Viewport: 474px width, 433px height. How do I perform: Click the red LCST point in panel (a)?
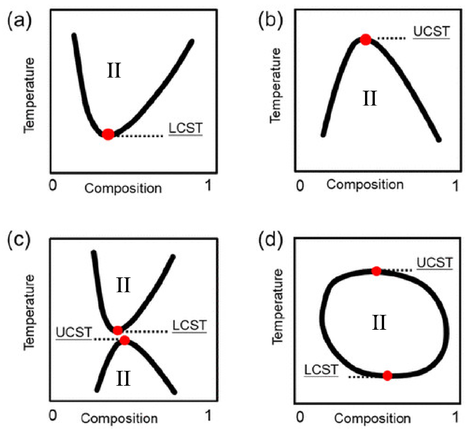108,134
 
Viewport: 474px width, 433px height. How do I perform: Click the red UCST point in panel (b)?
366,39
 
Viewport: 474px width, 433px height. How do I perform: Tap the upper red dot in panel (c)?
118,330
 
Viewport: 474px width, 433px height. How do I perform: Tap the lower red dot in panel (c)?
125,340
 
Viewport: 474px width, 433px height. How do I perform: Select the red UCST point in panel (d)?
376,271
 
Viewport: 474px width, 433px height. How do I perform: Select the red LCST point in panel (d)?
387,376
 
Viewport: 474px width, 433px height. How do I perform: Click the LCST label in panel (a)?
185,128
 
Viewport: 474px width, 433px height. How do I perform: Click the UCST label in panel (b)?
431,31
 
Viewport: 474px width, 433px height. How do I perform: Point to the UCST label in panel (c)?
74,332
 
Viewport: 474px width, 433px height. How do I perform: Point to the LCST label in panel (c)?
189,325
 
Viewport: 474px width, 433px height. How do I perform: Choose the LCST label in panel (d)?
321,369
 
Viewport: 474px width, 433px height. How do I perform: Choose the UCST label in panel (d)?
435,263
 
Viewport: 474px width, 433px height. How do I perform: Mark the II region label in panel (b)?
370,98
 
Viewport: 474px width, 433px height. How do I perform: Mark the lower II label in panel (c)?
123,378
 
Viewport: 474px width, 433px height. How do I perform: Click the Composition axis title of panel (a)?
123,188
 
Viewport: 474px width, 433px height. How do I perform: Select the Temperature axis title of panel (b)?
276,85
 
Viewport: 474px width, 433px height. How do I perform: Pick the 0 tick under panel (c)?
53,415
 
